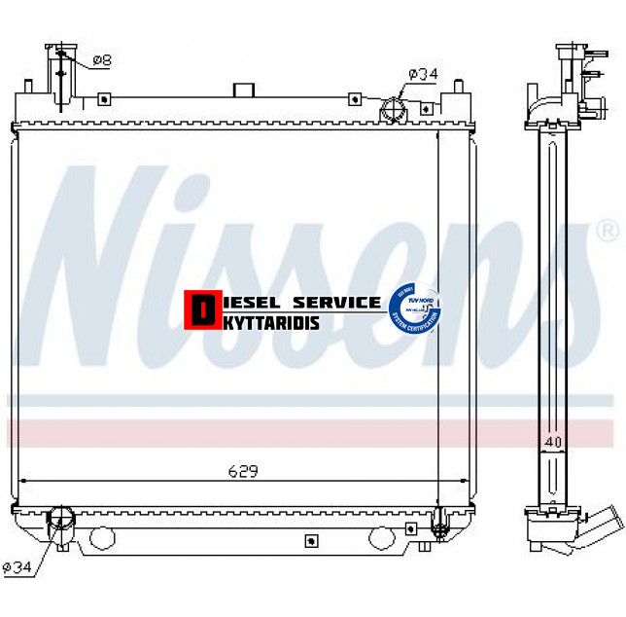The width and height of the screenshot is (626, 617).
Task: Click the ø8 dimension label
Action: click(x=102, y=60)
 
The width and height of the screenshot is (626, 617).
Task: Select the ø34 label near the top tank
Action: click(x=423, y=73)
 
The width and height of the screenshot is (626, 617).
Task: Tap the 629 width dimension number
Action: click(x=243, y=471)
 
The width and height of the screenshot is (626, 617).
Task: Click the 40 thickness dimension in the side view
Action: click(x=554, y=443)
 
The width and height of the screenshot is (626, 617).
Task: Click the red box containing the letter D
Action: click(x=201, y=310)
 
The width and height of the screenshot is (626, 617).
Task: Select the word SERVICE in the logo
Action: click(x=334, y=302)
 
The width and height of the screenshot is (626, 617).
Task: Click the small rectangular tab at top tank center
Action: click(x=243, y=90)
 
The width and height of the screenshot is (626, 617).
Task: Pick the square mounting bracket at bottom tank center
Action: click(x=312, y=541)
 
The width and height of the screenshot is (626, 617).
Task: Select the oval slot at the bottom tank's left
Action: click(x=102, y=537)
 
